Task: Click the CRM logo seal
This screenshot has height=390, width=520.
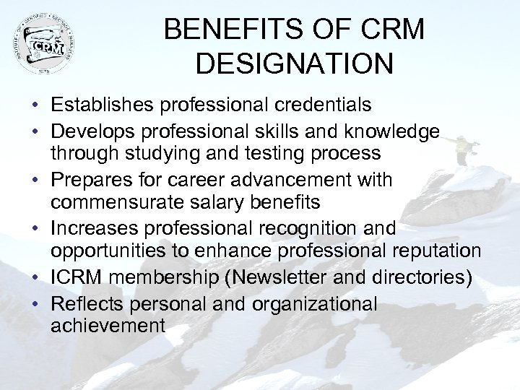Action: (44, 44)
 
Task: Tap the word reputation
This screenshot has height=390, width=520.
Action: (432, 250)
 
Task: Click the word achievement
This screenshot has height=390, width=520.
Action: (108, 326)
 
